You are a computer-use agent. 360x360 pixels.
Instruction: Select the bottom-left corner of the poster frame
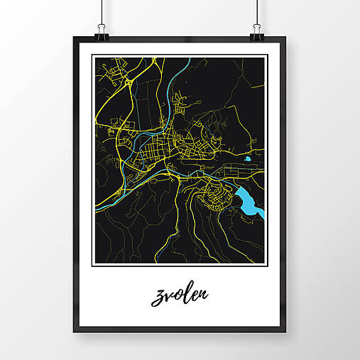(x=74, y=332)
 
